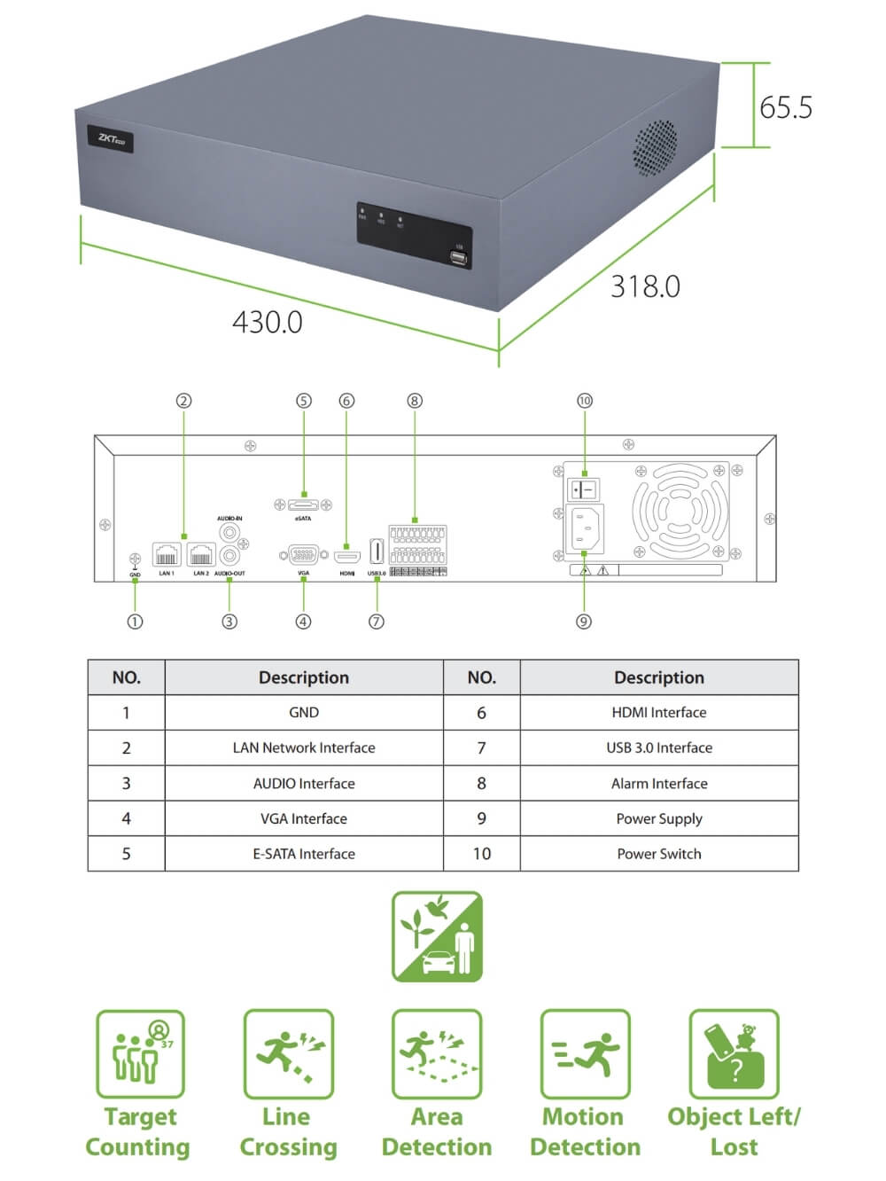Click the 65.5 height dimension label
[x=785, y=107]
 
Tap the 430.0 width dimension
[x=267, y=322]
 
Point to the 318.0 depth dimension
[x=645, y=286]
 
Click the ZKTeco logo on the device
[x=111, y=139]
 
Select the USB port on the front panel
[x=458, y=258]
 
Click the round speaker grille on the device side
[x=655, y=147]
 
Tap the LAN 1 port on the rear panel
[x=167, y=555]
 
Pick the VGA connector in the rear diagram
[x=303, y=555]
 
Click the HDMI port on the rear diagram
[x=346, y=557]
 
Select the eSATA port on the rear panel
[x=303, y=504]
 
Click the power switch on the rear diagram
[x=583, y=489]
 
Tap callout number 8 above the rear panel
[x=415, y=401]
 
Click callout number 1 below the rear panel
[x=135, y=622]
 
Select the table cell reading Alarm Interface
[x=659, y=784]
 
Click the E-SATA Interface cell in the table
[x=304, y=854]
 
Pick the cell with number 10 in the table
[x=481, y=854]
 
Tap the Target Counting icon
[x=140, y=1053]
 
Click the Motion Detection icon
[x=585, y=1053]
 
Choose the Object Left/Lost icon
[x=734, y=1053]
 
